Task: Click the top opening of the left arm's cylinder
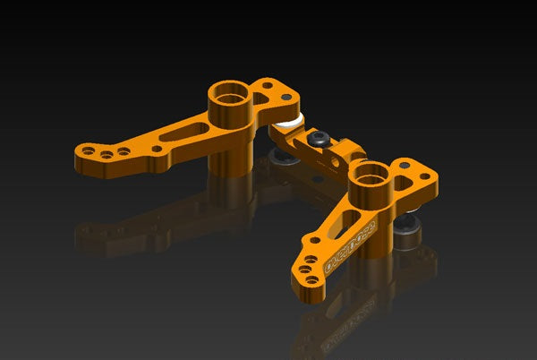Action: coord(228,92)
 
